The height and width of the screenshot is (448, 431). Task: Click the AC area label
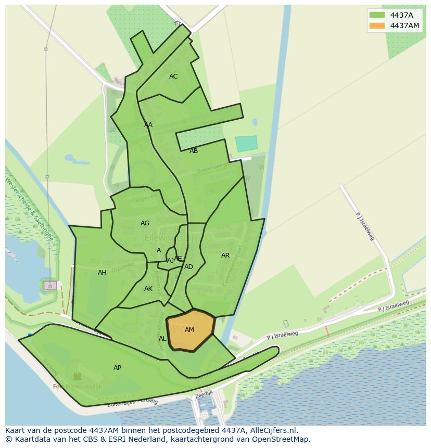click(173, 76)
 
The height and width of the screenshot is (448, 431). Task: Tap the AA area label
click(148, 125)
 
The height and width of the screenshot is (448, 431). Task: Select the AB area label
click(194, 151)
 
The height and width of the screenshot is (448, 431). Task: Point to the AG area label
click(145, 223)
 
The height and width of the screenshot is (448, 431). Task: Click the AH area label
click(102, 273)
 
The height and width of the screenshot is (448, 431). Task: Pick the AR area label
click(225, 255)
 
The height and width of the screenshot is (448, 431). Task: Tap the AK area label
click(148, 289)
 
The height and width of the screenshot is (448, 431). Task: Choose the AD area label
click(188, 267)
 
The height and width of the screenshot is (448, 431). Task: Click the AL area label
click(162, 339)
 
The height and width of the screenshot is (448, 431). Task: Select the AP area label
click(117, 368)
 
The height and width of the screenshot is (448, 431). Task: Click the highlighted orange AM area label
click(189, 330)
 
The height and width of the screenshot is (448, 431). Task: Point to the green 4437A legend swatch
click(377, 15)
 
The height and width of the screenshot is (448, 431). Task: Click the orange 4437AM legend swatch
click(377, 25)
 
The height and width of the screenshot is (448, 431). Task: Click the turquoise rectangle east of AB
click(246, 144)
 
